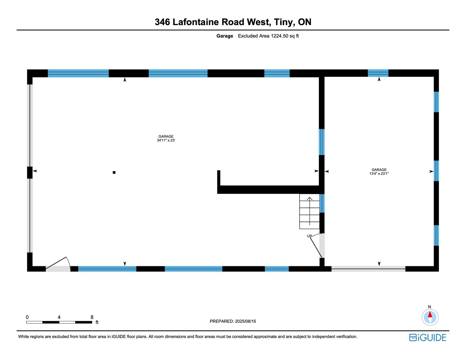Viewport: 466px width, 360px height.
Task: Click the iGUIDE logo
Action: click(427, 337)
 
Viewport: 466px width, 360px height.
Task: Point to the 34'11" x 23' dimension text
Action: click(166, 141)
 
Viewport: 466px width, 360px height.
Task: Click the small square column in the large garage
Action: click(114, 172)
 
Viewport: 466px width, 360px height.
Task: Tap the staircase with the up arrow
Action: click(309, 212)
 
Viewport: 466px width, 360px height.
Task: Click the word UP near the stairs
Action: click(309, 236)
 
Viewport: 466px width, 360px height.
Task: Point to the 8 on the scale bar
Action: click(92, 317)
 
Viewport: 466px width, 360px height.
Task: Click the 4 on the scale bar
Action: click(59, 317)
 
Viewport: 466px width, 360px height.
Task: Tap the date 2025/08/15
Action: click(245, 321)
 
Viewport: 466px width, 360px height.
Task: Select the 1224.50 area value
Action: click(279, 36)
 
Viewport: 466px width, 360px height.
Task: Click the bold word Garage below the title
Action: click(225, 36)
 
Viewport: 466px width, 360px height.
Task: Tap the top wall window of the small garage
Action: click(378, 73)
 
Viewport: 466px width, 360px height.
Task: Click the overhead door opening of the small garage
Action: click(368, 268)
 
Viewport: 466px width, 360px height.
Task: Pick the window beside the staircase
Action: click(322, 203)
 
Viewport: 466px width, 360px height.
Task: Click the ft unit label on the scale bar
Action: click(97, 322)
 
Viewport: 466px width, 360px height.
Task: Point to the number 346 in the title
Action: click(162, 22)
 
